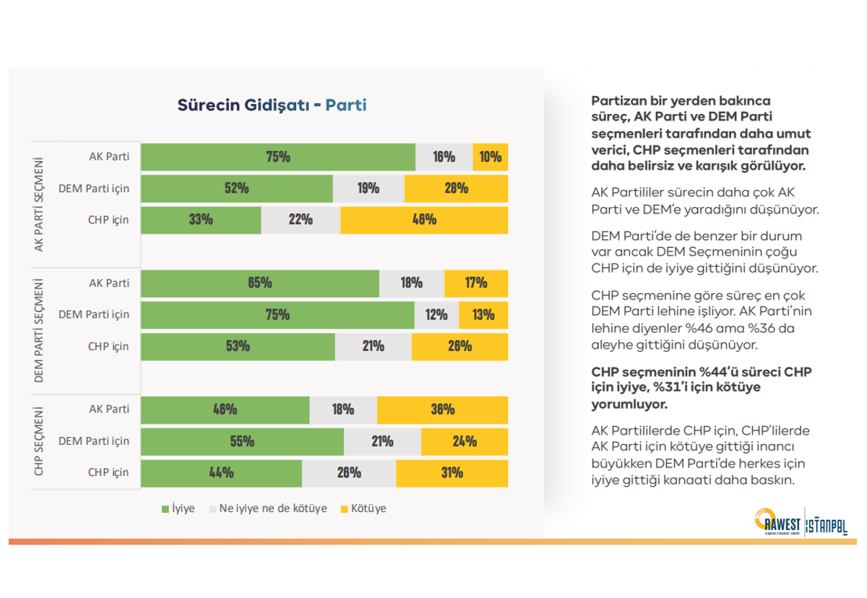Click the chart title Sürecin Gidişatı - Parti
click(x=272, y=105)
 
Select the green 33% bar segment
click(x=200, y=220)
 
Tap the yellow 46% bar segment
click(x=423, y=220)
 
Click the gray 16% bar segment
click(x=444, y=157)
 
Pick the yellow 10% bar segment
click(x=490, y=157)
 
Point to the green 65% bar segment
click(x=259, y=283)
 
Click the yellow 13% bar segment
click(x=483, y=315)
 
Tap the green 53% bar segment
click(x=238, y=347)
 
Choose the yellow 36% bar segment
click(x=442, y=409)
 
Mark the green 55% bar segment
click(x=242, y=441)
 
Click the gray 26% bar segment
click(x=348, y=473)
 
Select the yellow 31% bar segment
click(x=452, y=473)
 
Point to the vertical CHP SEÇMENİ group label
click(x=39, y=441)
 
